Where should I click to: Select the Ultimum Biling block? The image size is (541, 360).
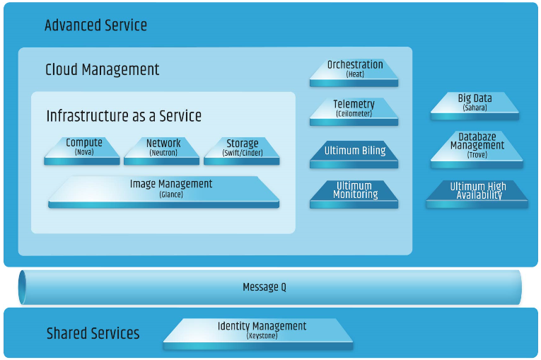pos(354,153)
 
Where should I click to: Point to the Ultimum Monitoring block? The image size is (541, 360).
pos(354,193)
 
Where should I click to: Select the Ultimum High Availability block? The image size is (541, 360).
pos(477,193)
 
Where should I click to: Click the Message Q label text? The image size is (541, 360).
pos(264,287)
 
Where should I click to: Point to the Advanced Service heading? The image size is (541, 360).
pos(95,25)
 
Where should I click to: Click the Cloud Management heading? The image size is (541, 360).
pos(102,69)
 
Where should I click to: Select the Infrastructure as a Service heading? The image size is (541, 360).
pos(124,115)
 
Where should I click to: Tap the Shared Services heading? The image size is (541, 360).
pos(93,333)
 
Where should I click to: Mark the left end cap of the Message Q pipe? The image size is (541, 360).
pos(23,287)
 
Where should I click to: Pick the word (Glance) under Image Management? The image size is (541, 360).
pos(170,194)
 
